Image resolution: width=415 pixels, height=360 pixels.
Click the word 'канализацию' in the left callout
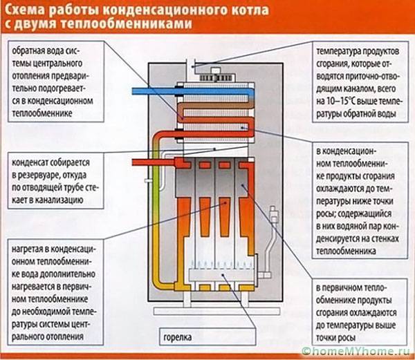[57, 199]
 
